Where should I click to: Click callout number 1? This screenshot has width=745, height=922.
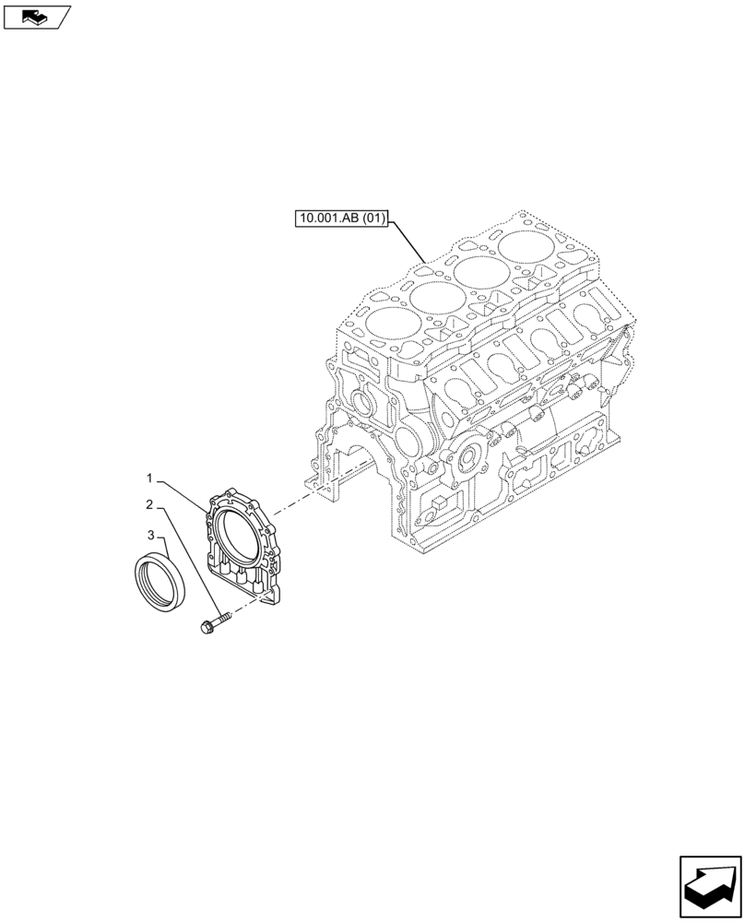point(148,478)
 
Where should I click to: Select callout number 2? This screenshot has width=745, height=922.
point(148,504)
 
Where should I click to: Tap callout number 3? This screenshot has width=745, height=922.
point(148,534)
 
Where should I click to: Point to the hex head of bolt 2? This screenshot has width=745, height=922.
point(206,627)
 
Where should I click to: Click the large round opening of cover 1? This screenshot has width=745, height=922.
point(239,536)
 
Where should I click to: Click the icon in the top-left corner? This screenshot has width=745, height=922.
point(36,16)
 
